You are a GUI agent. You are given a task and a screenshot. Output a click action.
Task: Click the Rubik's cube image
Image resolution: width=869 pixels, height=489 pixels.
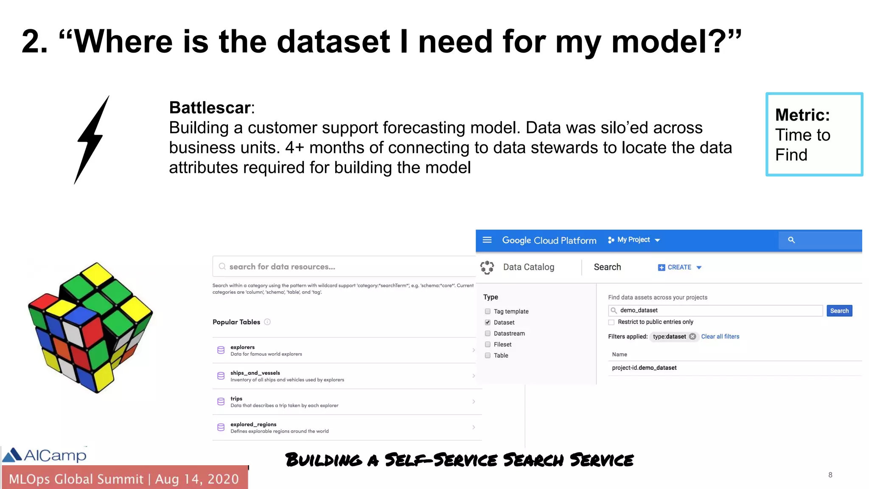[x=90, y=327]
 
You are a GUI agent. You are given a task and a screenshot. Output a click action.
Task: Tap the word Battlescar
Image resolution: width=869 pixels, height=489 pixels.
[x=210, y=108]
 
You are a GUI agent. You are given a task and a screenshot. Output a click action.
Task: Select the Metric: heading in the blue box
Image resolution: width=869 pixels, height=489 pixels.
[x=802, y=115]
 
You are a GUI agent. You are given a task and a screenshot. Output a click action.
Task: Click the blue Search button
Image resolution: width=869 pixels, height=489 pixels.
[x=839, y=311]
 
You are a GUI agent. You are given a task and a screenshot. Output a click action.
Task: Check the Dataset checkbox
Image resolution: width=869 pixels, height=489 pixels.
[x=488, y=323]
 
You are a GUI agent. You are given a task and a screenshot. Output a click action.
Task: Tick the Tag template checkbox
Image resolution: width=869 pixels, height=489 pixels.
[x=488, y=312]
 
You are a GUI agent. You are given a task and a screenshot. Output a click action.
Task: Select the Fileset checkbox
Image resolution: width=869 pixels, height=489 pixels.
[x=488, y=345]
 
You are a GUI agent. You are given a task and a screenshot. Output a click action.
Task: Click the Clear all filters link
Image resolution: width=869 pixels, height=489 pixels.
[x=720, y=337]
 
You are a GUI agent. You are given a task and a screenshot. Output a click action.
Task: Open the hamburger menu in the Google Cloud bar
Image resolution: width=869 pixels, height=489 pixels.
[x=487, y=240]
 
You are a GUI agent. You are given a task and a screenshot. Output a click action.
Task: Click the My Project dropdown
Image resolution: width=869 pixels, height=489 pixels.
[x=634, y=240]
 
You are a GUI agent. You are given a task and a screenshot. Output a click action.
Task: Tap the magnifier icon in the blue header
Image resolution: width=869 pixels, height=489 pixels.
[x=791, y=240]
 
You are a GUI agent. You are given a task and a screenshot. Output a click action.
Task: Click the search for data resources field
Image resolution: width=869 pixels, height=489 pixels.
[x=344, y=267]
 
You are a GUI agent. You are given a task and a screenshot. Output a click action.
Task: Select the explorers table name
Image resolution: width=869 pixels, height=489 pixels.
[x=242, y=347]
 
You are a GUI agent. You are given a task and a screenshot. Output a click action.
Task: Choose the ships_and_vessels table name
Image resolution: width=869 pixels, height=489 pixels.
[x=255, y=373]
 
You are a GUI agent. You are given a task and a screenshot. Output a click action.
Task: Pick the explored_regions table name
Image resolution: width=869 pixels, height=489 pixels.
[x=253, y=424]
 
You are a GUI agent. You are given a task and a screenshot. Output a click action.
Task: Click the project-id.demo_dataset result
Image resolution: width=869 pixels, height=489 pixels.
[x=644, y=368]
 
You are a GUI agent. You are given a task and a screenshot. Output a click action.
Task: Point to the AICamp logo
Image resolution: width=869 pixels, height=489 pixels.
[x=45, y=455]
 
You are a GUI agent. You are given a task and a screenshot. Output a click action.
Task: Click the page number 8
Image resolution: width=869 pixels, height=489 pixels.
[x=830, y=475]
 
